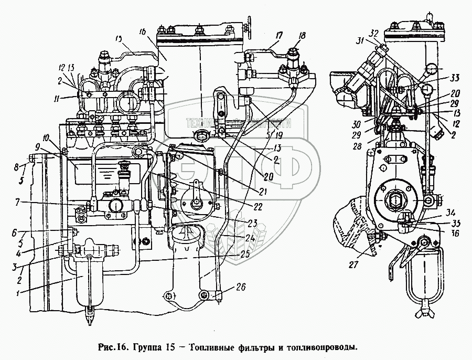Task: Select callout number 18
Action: click(x=302, y=36)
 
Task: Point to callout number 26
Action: click(x=241, y=287)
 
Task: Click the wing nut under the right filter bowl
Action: click(x=422, y=314)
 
